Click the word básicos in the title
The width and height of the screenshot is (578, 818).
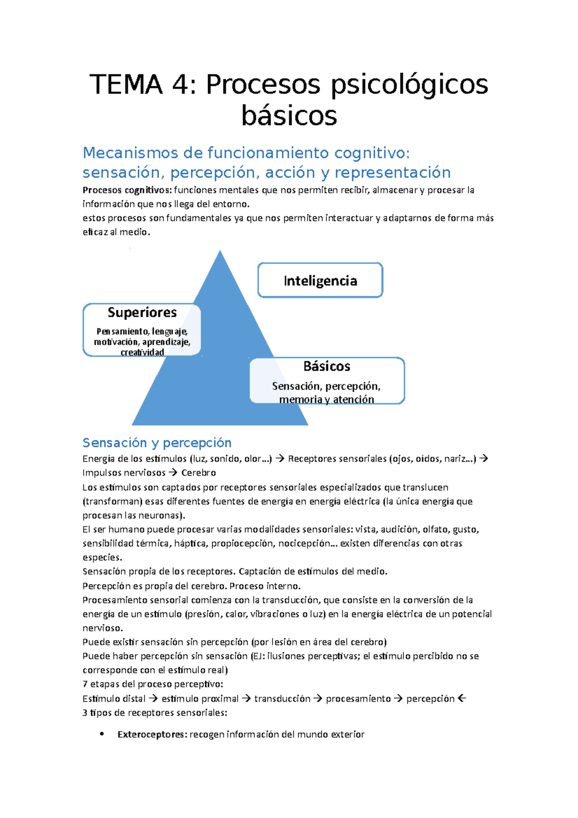tap(289, 116)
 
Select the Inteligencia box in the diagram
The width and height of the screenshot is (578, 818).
tap(320, 280)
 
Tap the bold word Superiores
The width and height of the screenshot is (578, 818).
tap(142, 313)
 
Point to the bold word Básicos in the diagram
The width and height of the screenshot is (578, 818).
tap(327, 367)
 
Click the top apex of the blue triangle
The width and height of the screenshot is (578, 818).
tap(220, 252)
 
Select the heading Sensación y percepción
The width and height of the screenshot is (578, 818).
tap(157, 443)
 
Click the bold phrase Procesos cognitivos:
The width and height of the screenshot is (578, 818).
tap(127, 190)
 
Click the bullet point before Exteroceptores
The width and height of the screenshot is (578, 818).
tap(102, 734)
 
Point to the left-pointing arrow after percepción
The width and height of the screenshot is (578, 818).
tap(462, 699)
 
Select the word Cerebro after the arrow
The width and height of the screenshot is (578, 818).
tap(198, 473)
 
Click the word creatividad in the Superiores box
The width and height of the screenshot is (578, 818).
tap(142, 352)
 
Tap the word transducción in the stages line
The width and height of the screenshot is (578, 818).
tap(282, 699)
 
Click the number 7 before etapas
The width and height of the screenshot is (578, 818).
tap(85, 685)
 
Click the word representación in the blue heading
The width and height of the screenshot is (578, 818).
tap(393, 172)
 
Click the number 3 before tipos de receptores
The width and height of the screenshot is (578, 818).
tap(85, 712)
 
